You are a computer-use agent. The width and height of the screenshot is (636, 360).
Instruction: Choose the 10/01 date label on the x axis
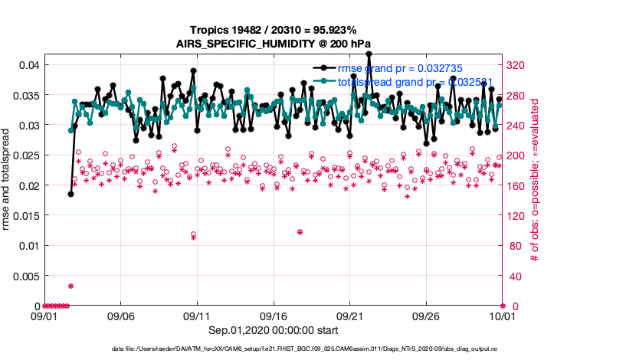(x=503, y=316)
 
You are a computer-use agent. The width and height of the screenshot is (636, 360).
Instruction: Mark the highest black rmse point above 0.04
(x=369, y=54)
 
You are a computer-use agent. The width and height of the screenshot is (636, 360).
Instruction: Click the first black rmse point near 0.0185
(x=70, y=194)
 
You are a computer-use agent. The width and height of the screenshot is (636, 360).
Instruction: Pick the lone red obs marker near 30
(x=70, y=286)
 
